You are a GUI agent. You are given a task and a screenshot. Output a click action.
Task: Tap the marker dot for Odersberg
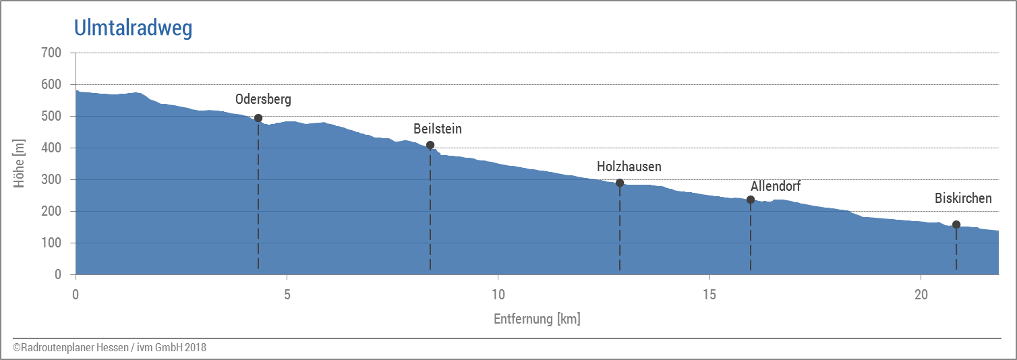click(258, 118)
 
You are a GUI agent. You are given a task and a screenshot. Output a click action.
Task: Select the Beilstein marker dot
click(430, 145)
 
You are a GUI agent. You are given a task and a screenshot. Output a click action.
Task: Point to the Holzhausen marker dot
click(620, 183)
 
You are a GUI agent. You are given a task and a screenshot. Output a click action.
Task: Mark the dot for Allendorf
click(751, 200)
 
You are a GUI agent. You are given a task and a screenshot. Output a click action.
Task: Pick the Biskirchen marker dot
click(956, 224)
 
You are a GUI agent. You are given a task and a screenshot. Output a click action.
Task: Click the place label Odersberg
click(263, 100)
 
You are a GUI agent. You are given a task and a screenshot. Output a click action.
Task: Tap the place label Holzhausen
click(629, 167)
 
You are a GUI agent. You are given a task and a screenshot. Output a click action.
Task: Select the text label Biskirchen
click(963, 198)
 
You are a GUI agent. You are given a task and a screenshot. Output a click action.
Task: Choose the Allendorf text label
click(776, 186)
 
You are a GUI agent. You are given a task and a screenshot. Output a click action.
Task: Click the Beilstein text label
click(438, 129)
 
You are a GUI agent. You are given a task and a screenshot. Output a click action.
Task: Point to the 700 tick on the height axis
click(51, 53)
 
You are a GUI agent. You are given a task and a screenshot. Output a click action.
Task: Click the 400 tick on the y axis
click(51, 148)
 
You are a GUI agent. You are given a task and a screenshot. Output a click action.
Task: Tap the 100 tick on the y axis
click(51, 243)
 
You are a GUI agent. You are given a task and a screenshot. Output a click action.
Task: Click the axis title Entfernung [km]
click(537, 319)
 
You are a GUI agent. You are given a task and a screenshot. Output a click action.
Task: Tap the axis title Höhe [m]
click(20, 164)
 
